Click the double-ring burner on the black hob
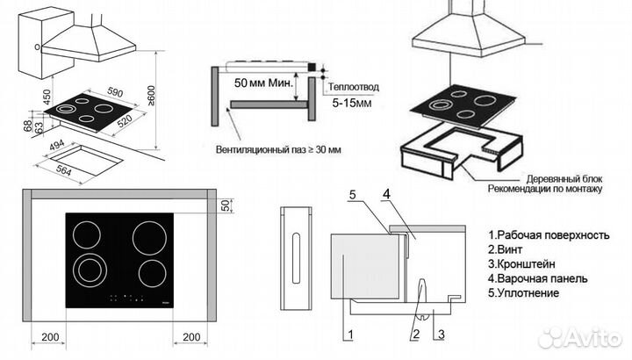click(88, 269)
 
